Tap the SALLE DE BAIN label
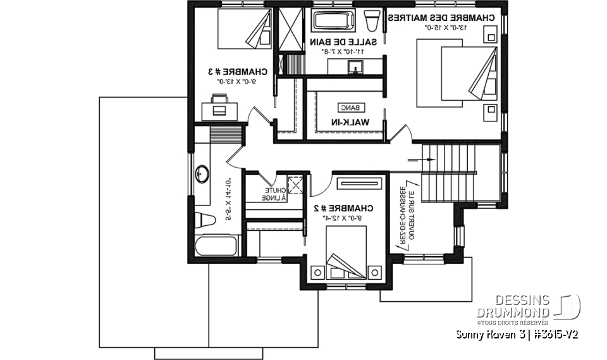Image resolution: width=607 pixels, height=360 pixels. (343, 42)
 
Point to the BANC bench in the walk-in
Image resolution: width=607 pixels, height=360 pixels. (347, 108)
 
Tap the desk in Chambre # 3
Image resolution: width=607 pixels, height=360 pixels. (219, 106)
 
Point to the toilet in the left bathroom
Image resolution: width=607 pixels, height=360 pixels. (205, 221)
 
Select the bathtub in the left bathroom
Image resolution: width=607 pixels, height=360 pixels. (215, 247)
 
